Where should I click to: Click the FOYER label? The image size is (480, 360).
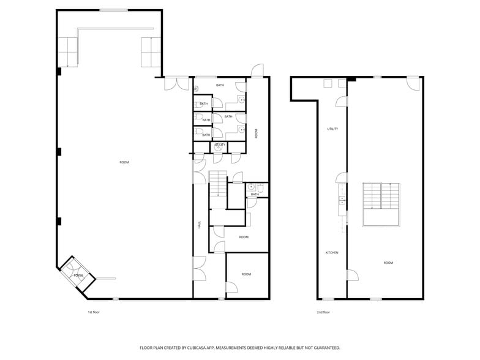(x=78, y=276)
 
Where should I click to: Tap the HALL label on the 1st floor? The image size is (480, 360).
(x=200, y=225)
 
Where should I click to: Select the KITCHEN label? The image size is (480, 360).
(x=332, y=252)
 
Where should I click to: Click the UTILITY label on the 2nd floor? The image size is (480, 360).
(x=332, y=129)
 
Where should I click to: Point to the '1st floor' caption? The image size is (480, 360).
(x=94, y=312)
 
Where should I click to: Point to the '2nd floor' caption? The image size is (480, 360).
(x=323, y=312)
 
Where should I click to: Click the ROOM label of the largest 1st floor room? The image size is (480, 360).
(x=124, y=162)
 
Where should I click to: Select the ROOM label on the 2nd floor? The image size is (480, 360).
(x=388, y=263)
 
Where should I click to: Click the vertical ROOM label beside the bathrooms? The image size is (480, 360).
(x=256, y=133)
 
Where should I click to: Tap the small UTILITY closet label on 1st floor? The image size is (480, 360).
(x=220, y=145)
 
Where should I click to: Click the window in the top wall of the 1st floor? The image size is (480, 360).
(x=114, y=10)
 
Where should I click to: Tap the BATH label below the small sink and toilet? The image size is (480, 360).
(x=255, y=194)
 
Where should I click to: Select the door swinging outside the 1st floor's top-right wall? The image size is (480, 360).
(x=259, y=70)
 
